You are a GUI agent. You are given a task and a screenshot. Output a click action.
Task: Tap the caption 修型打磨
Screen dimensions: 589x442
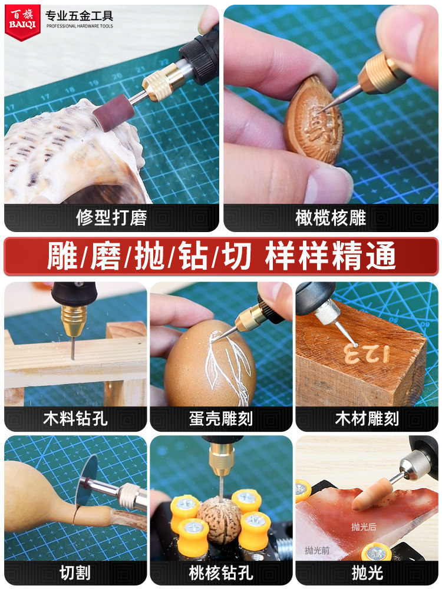[x=111, y=218]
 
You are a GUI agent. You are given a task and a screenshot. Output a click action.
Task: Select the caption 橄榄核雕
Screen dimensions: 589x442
[x=331, y=218]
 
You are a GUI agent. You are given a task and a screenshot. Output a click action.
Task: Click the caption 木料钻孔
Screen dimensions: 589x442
[x=75, y=419]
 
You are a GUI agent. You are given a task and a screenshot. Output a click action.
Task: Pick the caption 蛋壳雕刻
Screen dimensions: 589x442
[x=221, y=419]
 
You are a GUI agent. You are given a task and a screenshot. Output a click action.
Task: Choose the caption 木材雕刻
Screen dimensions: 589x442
[x=367, y=419]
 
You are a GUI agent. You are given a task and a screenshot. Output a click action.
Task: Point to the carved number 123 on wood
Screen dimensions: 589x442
[x=365, y=353]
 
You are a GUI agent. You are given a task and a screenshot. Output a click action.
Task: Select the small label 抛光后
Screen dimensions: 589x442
[x=364, y=527]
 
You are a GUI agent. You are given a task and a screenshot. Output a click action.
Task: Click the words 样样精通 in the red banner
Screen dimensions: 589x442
[x=330, y=256]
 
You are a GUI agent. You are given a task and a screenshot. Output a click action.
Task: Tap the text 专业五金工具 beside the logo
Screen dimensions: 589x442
[x=79, y=15]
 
